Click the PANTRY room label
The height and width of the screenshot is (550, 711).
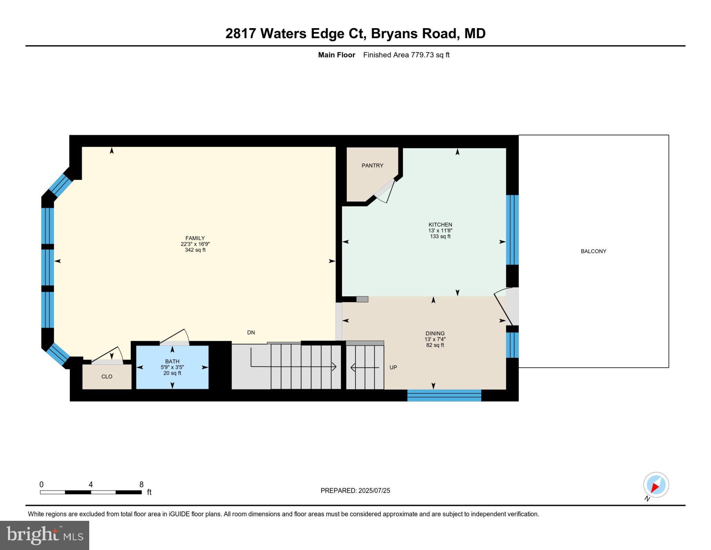pyautogui.click(x=372, y=165)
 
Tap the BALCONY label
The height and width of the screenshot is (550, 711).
pyautogui.click(x=593, y=251)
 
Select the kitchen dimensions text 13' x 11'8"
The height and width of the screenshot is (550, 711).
pyautogui.click(x=440, y=230)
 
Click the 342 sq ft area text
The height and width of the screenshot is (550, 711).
pyautogui.click(x=195, y=250)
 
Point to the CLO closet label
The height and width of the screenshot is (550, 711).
pyautogui.click(x=107, y=377)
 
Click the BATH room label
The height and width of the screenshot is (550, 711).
pyautogui.click(x=172, y=361)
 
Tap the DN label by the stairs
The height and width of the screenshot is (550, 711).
pyautogui.click(x=251, y=333)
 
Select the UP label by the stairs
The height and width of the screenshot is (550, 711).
pyautogui.click(x=393, y=367)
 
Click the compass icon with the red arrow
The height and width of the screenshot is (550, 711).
pyautogui.click(x=655, y=485)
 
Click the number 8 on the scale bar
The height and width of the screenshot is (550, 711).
pyautogui.click(x=141, y=484)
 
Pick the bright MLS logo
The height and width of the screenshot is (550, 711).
pyautogui.click(x=44, y=535)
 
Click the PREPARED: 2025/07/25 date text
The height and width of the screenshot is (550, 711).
pyautogui.click(x=355, y=491)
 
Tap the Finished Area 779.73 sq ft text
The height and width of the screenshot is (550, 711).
pyautogui.click(x=406, y=55)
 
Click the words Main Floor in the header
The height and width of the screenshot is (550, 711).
pyautogui.click(x=336, y=55)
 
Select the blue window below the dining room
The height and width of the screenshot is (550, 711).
pyautogui.click(x=444, y=395)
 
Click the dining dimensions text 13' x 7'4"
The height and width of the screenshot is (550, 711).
pyautogui.click(x=435, y=339)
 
